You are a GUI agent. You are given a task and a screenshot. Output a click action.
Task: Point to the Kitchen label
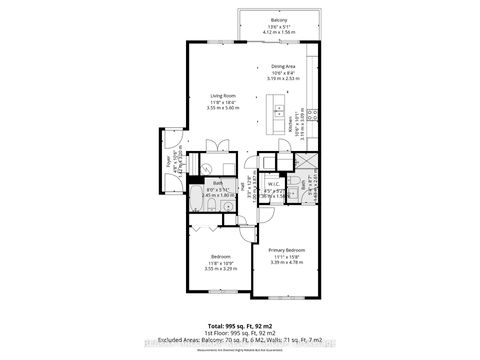(x=294, y=126)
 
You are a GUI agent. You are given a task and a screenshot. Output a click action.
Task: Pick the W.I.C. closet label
(x=273, y=184)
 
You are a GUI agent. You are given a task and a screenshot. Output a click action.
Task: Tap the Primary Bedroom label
(x=286, y=249)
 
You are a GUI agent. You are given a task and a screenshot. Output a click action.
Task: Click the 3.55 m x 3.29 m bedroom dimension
(x=219, y=269)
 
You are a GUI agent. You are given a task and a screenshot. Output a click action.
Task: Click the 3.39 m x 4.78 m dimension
(x=286, y=261)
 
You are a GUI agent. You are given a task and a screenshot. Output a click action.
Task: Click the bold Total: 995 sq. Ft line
(x=240, y=326)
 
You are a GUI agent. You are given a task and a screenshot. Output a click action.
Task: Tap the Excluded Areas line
(x=240, y=341)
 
